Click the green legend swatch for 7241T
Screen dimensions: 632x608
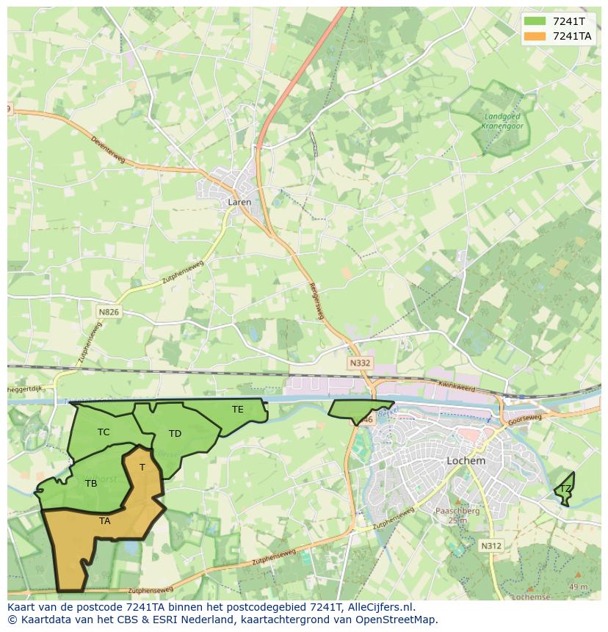coord(536,21)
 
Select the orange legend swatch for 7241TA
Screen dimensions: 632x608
coord(536,36)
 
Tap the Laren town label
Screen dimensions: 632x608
coord(239,202)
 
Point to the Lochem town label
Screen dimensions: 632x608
coord(466,461)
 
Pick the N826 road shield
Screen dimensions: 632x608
coord(108,312)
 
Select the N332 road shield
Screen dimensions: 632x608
coord(360,363)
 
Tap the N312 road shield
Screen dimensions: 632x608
coord(491,545)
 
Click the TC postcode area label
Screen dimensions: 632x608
coord(104,432)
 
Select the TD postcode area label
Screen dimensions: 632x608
coord(175,434)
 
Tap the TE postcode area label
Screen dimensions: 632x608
coord(237,409)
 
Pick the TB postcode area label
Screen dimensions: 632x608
coord(91,483)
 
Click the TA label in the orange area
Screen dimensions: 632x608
coord(105,520)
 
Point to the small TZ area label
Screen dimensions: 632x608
coord(565,488)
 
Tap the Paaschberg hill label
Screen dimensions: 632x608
coord(457,511)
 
